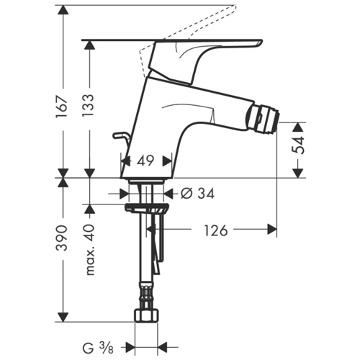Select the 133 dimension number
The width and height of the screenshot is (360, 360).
(89, 106)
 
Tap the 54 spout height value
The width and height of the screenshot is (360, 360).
(298, 145)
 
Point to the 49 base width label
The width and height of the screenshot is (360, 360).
(145, 161)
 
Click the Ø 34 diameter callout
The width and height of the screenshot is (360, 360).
(197, 193)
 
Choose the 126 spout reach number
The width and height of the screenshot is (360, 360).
(216, 230)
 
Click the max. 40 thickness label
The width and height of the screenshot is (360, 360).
(90, 250)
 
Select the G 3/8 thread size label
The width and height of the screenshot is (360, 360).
(98, 348)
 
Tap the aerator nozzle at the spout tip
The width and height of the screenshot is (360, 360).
(264, 118)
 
